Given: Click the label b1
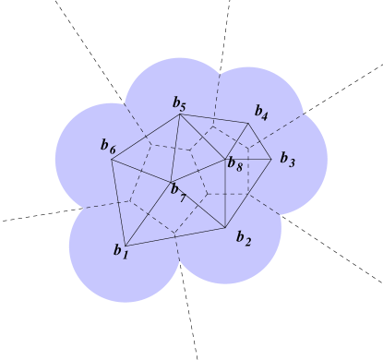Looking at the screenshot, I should (x=120, y=250).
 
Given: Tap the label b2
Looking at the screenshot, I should (x=243, y=238).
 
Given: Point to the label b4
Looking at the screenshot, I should (x=262, y=114).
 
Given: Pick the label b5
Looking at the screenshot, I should (x=179, y=104).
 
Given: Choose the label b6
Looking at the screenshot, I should (x=108, y=145).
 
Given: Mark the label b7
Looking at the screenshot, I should (x=177, y=195).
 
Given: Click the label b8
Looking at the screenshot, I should (x=235, y=165).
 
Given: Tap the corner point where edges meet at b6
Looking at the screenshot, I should (x=112, y=160).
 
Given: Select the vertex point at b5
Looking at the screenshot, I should (x=180, y=114).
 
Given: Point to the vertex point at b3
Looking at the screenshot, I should (x=271, y=159).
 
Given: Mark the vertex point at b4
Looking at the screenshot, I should (x=249, y=124).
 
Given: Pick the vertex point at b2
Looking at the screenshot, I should (x=226, y=228).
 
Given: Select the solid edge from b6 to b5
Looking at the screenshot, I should (x=146, y=137).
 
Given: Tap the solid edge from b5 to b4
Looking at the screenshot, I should (x=214, y=119).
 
